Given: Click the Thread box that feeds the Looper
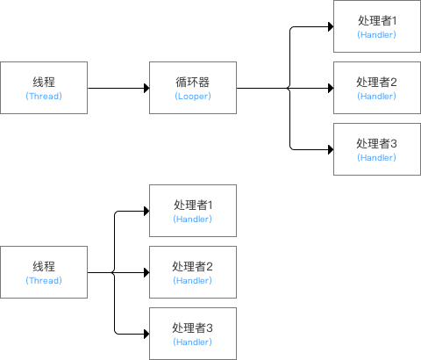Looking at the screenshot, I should [x=44, y=88].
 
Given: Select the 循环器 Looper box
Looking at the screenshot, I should [x=193, y=88].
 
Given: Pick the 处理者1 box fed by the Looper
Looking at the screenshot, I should [x=377, y=26].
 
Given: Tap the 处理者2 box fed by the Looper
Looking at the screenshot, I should [x=377, y=88].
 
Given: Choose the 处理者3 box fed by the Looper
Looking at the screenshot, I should [x=377, y=149].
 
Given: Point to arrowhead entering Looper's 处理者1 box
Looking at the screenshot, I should [x=329, y=26].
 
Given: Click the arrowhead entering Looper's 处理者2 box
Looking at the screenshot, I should [x=329, y=88].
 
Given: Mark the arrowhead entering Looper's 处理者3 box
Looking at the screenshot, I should [x=329, y=149].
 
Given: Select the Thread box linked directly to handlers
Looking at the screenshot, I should [x=44, y=272].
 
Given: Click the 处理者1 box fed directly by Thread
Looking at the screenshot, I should [x=193, y=211].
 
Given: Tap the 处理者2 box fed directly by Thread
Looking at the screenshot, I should [x=193, y=272].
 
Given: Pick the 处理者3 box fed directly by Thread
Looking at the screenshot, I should [x=193, y=334].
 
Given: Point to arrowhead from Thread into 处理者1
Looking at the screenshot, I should [x=145, y=211].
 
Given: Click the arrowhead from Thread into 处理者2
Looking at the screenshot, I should [x=145, y=272].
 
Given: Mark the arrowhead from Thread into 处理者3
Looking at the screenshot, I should [x=145, y=334].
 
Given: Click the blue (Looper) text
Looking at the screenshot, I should [x=193, y=96].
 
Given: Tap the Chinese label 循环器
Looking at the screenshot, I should [x=193, y=82].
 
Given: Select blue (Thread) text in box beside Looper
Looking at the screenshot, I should [x=44, y=96].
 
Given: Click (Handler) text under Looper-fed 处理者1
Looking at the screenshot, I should [x=377, y=34].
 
